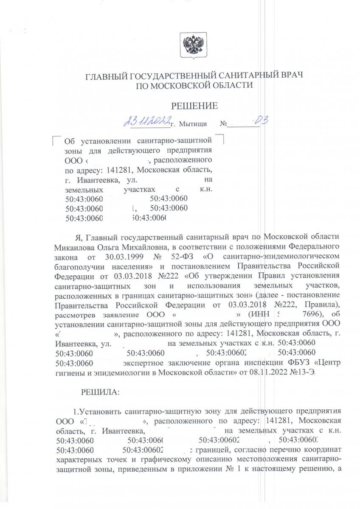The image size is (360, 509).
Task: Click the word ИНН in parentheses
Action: coord(262,315)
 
